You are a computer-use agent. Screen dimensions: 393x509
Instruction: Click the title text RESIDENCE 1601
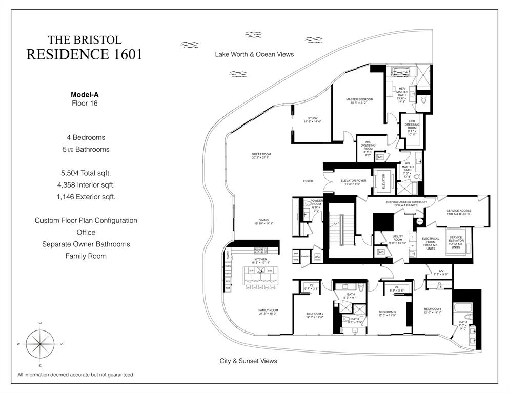coord(84,54)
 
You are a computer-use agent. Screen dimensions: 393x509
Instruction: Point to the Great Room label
coord(261,156)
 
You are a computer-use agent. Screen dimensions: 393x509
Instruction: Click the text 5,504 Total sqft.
coord(86,173)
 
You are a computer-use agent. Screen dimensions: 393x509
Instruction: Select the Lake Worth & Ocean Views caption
coord(254,54)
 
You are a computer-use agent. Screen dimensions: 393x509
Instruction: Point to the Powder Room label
coord(316,203)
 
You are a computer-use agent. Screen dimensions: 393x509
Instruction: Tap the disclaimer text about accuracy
coord(75,375)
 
